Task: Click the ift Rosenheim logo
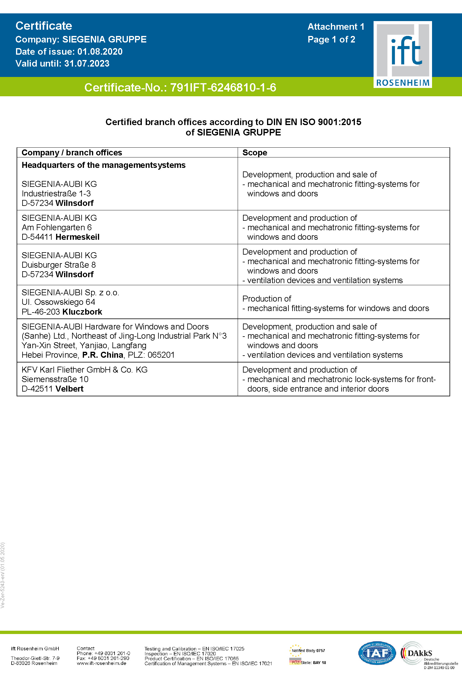tap(402, 54)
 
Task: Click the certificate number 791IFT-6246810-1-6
tap(223, 88)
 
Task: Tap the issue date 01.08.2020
tap(100, 52)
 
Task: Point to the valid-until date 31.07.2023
tap(87, 64)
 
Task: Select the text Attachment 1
tap(336, 27)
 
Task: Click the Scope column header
tap(255, 153)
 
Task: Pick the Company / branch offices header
tap(72, 153)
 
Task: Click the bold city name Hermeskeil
tap(77, 237)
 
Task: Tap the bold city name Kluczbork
tap(82, 312)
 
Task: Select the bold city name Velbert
tap(69, 389)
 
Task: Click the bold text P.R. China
tap(103, 355)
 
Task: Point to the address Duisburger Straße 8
tap(59, 265)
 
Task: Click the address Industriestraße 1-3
tap(56, 194)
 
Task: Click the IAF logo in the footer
tap(377, 653)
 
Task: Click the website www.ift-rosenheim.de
tap(101, 663)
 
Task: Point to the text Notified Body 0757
tap(308, 651)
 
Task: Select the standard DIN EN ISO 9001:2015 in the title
tap(314, 122)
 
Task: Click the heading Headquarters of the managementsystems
tap(104, 165)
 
